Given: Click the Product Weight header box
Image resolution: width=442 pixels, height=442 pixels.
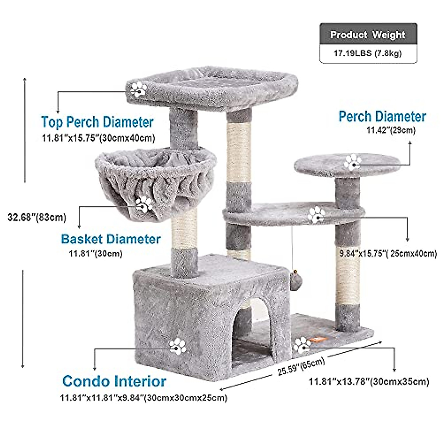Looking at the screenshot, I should tap(368, 35).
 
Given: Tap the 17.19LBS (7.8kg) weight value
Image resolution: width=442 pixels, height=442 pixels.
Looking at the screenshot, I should tap(368, 53).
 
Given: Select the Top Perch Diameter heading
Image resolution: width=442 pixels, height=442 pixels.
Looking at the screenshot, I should tap(97, 122).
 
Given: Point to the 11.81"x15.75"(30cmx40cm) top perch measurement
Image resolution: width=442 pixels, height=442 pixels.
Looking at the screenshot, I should tap(98, 138).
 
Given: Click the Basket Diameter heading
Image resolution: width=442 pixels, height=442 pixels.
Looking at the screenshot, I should tap(111, 239).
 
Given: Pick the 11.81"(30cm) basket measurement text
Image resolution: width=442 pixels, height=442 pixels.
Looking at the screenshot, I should tap(96, 253).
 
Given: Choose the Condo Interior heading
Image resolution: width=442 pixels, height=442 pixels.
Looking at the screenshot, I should tap(114, 381).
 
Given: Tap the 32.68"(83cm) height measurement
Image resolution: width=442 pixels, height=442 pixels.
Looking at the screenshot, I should tap(37, 217).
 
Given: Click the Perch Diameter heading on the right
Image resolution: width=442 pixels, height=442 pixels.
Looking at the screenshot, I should tap(382, 117).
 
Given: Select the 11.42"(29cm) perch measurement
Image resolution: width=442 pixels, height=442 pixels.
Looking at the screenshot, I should tap(391, 130).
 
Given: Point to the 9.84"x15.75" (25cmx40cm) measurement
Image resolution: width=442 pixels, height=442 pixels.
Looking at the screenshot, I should tap(388, 253).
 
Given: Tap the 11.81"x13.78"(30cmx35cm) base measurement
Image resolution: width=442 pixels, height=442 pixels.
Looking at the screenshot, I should tap(369, 382).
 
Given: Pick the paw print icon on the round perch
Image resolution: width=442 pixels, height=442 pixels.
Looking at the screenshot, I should tap(353, 162).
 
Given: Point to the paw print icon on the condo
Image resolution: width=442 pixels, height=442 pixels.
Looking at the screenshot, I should tap(178, 346).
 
